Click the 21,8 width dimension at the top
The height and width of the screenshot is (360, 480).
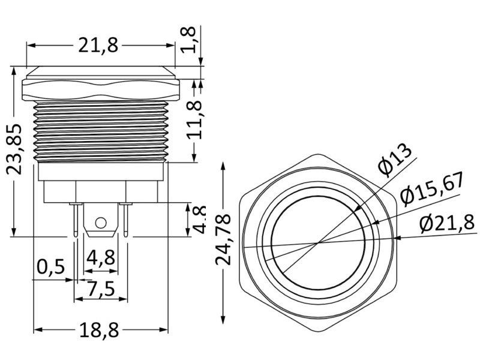tap(100, 45)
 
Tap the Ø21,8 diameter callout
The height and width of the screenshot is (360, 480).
tap(447, 223)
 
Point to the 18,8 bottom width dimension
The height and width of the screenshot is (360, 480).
tap(100, 329)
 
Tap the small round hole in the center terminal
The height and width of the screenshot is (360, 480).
tap(101, 224)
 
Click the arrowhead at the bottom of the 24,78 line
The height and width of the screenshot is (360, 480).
tap(223, 319)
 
